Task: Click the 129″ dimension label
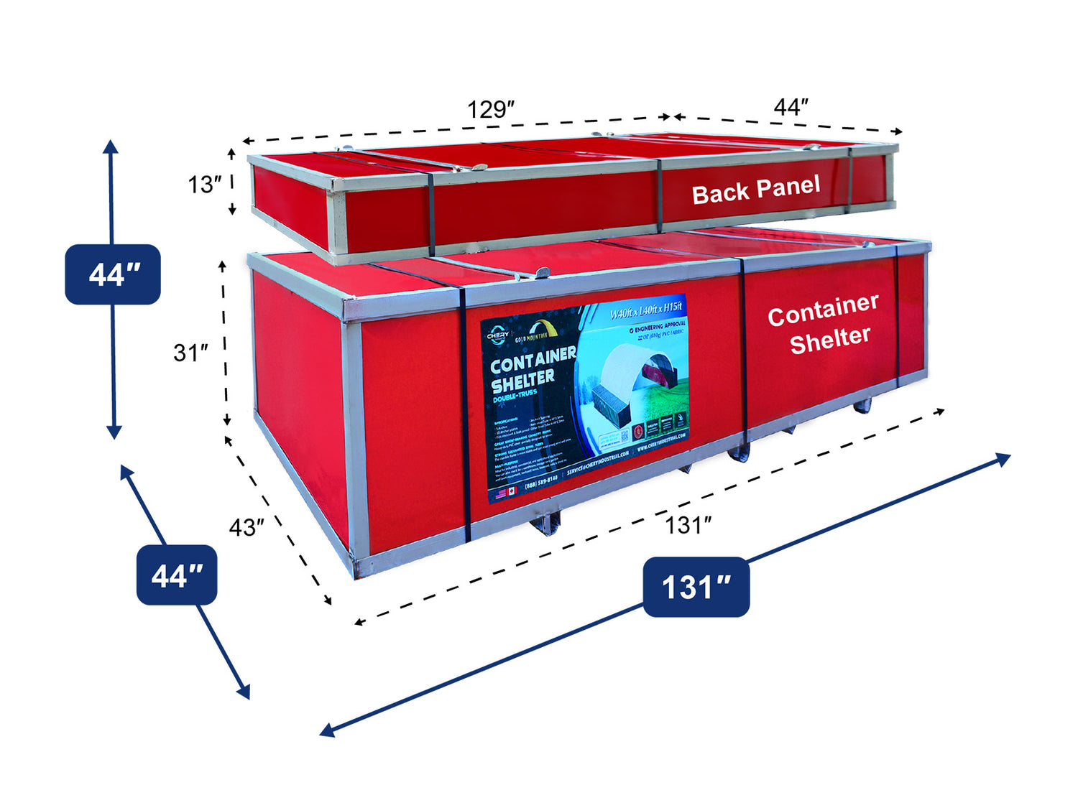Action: (x=491, y=110)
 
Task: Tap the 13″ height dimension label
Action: (x=205, y=185)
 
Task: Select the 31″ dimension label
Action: (x=190, y=353)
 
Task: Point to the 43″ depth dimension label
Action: (x=247, y=528)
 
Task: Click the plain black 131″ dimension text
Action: (x=688, y=525)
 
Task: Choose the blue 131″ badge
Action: (x=696, y=587)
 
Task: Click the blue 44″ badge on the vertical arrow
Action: (x=113, y=274)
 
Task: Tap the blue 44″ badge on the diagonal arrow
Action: (x=177, y=575)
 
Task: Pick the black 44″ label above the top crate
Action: (x=791, y=108)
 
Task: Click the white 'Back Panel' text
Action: (x=755, y=190)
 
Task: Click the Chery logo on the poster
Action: (x=497, y=335)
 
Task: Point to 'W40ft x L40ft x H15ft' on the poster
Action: (x=645, y=311)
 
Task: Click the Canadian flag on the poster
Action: (x=512, y=491)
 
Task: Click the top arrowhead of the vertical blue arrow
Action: (x=110, y=146)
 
